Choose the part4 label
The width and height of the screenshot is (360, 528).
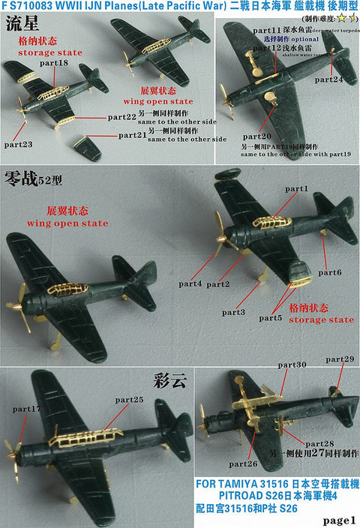pyautogui.click(x=190, y=283)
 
